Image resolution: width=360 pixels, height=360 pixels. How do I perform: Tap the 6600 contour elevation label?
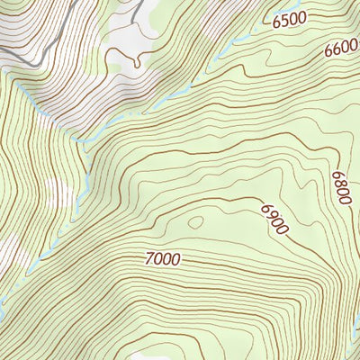click(341, 51)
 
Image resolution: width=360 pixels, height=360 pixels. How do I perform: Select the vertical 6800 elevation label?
click(339, 188)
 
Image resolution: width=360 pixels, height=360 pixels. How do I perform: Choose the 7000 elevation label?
click(162, 259)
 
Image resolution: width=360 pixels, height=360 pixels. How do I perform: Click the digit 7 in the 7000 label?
click(149, 258)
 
